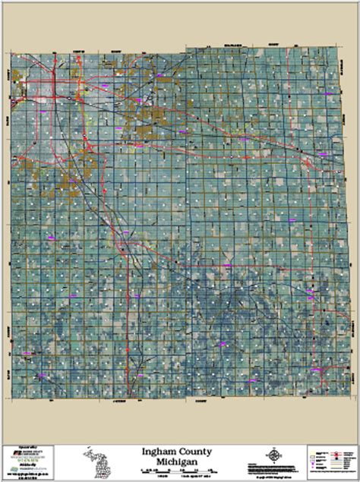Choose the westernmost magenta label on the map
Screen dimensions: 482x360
(x=28, y=353)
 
